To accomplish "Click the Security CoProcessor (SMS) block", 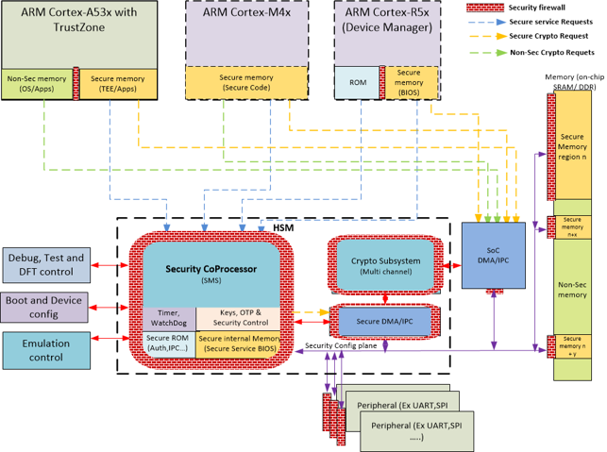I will [210, 274].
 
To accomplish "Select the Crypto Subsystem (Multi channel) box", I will [385, 265].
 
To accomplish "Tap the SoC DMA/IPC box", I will [492, 255].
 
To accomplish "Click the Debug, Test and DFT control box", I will [46, 264].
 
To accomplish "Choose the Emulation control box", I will [46, 349].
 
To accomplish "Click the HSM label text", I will [284, 228].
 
